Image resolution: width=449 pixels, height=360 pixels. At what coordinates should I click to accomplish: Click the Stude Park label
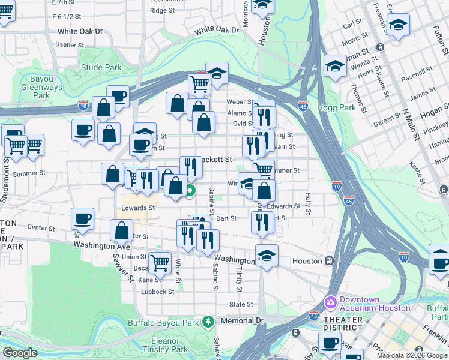coord(100,68)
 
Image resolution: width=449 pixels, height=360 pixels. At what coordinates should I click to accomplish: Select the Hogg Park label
coord(340,108)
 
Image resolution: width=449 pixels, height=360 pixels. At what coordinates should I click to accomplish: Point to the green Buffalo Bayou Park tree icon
coord(208,322)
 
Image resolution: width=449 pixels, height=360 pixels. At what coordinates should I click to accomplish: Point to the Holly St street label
coord(308,203)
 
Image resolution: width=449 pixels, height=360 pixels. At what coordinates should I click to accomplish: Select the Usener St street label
coord(70,45)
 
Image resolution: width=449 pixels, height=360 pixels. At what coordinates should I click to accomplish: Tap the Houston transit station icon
coord(329,262)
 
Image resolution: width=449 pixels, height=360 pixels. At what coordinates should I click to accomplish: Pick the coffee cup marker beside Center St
coord(82,218)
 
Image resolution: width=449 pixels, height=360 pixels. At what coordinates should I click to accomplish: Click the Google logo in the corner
coord(20,353)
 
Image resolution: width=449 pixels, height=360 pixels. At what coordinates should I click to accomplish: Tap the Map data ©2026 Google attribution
coord(411,355)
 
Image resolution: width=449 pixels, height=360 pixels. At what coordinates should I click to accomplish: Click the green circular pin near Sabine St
coord(190,193)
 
